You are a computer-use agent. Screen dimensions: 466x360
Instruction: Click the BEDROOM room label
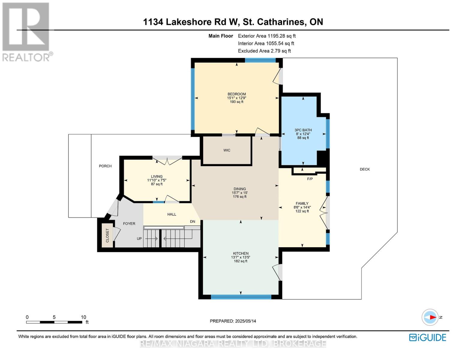pyautogui.click(x=236, y=94)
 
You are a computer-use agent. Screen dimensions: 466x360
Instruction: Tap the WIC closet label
pyautogui.click(x=227, y=150)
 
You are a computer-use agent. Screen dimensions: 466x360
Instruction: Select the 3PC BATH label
pyautogui.click(x=303, y=130)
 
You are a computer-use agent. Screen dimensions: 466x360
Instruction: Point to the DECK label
pyautogui.click(x=365, y=169)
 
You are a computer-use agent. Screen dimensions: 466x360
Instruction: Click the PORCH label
pyautogui.click(x=105, y=166)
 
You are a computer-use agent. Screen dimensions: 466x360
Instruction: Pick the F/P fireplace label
pyautogui.click(x=310, y=179)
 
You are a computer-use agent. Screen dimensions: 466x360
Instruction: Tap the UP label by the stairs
pyautogui.click(x=139, y=238)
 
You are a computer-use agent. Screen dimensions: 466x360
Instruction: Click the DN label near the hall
pyautogui.click(x=192, y=221)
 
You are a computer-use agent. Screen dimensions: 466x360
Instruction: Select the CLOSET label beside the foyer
pyautogui.click(x=107, y=235)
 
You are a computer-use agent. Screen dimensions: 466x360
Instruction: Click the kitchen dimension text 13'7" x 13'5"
pyautogui.click(x=241, y=257)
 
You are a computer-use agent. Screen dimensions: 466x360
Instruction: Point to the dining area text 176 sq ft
pyautogui.click(x=239, y=196)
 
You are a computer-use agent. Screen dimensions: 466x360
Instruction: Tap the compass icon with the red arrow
pyautogui.click(x=430, y=317)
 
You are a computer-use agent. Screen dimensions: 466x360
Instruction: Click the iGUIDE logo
pyautogui.click(x=427, y=337)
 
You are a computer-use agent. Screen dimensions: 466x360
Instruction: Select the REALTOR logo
pyautogui.click(x=27, y=32)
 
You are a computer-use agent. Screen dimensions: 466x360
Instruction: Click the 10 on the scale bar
pyautogui.click(x=83, y=317)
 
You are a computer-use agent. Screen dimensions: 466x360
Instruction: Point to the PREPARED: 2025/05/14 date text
pyautogui.click(x=233, y=321)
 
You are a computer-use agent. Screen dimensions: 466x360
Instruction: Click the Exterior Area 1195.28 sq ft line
pyautogui.click(x=267, y=36)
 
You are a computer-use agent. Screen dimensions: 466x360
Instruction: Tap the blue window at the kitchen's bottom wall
pyautogui.click(x=241, y=297)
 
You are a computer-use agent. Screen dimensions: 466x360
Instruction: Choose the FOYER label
pyautogui.click(x=129, y=223)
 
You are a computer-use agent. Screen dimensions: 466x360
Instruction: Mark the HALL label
pyautogui.click(x=172, y=214)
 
